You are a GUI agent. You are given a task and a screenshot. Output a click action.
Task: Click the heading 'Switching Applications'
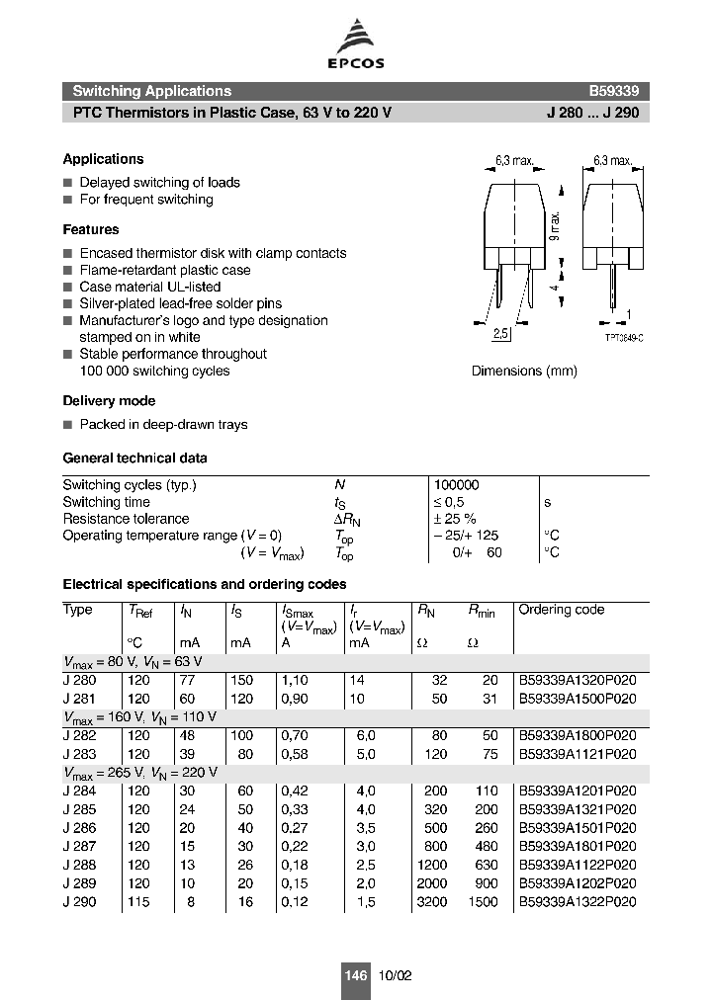click(151, 91)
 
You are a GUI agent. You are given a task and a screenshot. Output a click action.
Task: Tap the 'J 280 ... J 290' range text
click(592, 113)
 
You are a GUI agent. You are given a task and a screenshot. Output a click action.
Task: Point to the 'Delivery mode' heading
click(109, 401)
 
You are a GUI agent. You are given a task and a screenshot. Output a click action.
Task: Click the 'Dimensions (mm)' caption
click(523, 371)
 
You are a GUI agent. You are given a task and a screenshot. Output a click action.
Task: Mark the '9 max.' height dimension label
click(556, 226)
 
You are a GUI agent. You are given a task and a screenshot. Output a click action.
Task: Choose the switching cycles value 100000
click(456, 485)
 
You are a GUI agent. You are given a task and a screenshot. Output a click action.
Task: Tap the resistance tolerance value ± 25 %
click(455, 519)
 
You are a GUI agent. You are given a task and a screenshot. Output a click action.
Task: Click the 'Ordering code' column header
click(561, 610)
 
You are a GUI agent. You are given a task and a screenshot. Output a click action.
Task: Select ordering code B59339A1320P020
click(577, 680)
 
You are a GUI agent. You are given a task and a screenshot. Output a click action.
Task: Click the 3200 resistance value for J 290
click(432, 901)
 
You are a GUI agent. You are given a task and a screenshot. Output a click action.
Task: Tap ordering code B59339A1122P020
click(577, 863)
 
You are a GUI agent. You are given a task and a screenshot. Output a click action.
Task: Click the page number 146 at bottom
click(355, 975)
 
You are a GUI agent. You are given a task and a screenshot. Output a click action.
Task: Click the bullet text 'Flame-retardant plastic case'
click(164, 270)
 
